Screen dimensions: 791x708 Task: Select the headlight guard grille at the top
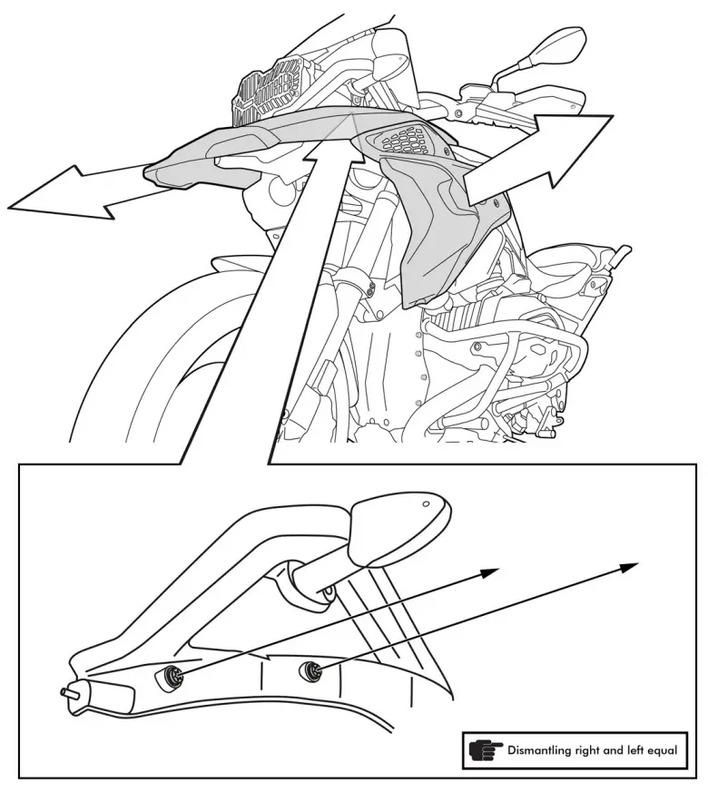268,89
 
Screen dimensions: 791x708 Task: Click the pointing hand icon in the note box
486,751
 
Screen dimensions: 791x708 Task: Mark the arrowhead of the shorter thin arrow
490,571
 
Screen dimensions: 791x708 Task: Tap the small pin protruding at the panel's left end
66,691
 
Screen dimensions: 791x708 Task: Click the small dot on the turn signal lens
426,502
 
